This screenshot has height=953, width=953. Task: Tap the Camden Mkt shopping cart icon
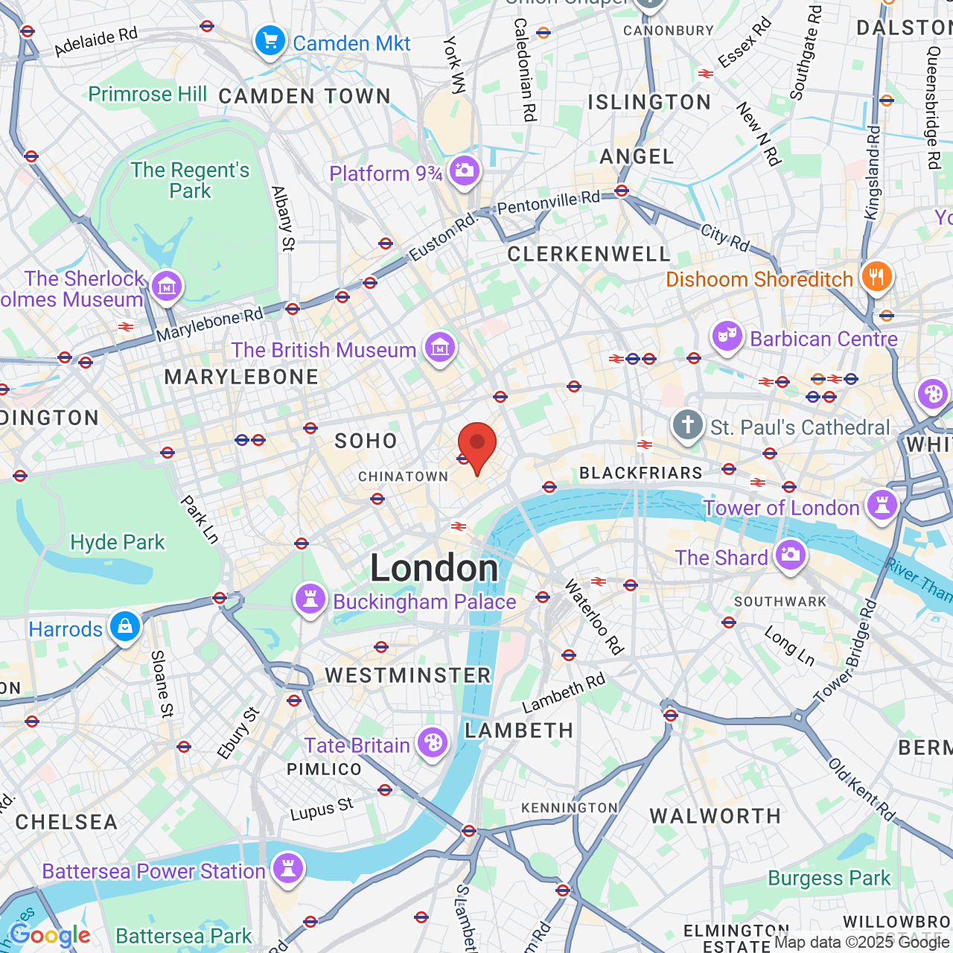click(x=270, y=42)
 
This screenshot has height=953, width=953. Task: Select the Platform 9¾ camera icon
click(x=465, y=171)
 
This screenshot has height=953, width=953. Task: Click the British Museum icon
click(x=440, y=348)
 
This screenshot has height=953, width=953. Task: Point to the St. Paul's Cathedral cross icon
click(x=687, y=426)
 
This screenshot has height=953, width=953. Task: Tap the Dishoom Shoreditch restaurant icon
click(x=877, y=277)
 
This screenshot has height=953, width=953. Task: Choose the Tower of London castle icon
click(x=882, y=506)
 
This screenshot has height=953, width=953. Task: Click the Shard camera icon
click(x=791, y=555)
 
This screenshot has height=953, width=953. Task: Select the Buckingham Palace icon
click(x=310, y=599)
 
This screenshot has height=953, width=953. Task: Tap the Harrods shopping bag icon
click(x=125, y=627)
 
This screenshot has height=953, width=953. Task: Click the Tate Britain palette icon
click(x=432, y=743)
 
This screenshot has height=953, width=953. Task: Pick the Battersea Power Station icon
click(x=288, y=869)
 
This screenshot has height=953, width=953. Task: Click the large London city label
click(x=434, y=569)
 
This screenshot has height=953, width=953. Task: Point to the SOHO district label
click(x=366, y=442)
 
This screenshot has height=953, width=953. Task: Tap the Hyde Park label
click(x=117, y=542)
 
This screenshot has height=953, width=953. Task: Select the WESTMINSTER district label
click(x=408, y=675)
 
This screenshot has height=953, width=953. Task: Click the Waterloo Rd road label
click(x=593, y=617)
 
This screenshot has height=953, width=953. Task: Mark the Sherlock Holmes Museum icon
click(x=166, y=286)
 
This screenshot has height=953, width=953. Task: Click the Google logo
click(x=50, y=936)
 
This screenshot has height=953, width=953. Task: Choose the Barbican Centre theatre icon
click(x=727, y=337)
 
